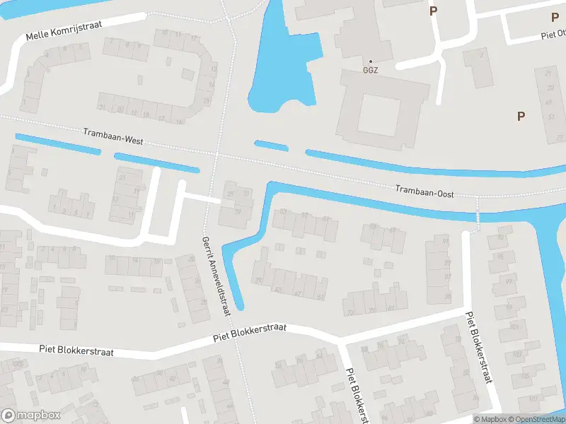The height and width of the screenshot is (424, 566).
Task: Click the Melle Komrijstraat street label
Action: (64, 30)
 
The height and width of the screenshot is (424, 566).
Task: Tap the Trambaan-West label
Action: (113, 136)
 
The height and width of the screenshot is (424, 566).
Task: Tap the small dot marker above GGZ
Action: (370, 62)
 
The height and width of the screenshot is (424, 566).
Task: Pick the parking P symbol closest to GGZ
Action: (433, 11)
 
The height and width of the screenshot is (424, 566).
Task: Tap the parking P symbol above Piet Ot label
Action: (555, 18)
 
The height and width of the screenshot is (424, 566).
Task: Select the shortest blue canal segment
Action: (271, 146)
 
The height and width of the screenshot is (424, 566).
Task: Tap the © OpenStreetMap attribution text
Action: (535, 419)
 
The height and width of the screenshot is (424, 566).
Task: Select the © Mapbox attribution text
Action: (490, 419)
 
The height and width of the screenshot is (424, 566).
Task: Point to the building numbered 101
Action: (514, 327)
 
